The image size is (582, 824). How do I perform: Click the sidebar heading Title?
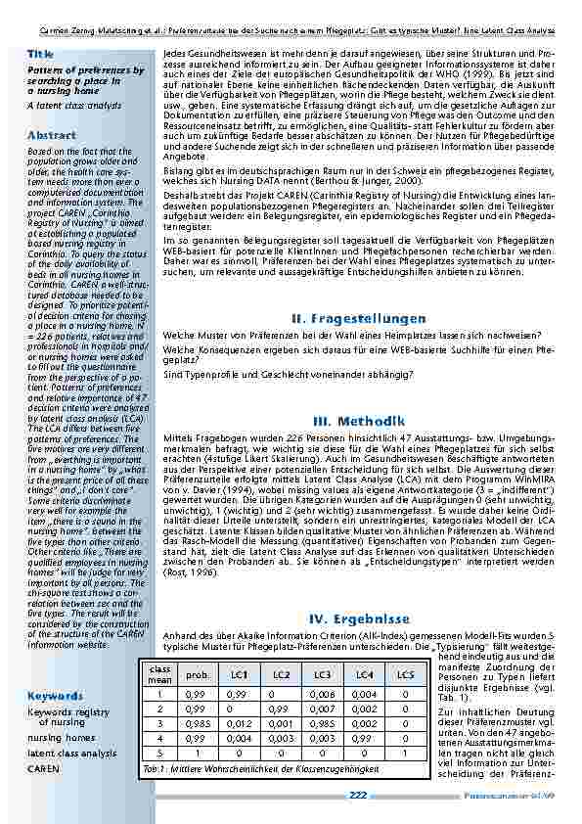40,54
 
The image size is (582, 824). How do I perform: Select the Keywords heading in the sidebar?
55,696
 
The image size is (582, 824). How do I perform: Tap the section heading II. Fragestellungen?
358,319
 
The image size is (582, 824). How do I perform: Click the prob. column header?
197,675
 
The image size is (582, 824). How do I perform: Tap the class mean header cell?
159,675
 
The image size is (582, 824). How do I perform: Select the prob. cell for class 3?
197,721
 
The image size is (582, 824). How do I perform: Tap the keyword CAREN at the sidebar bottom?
43,769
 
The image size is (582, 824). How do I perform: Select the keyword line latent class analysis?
71,754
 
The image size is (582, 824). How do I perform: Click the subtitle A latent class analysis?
74,105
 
